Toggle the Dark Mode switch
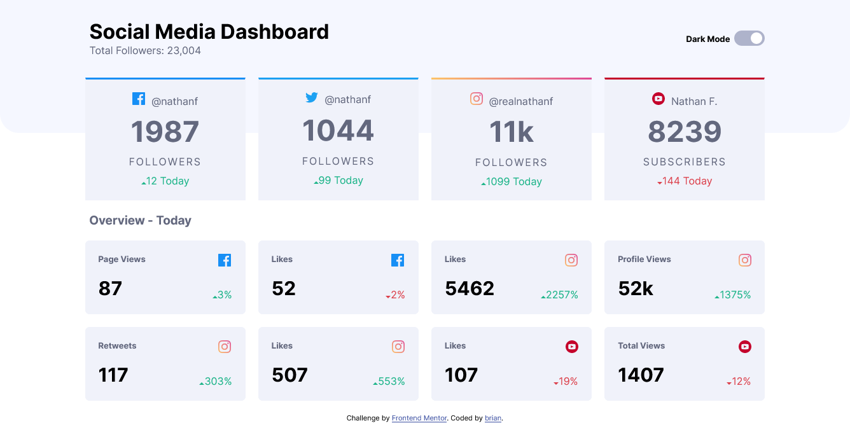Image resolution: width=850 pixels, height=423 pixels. click(749, 39)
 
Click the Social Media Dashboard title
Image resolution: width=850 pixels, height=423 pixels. click(209, 31)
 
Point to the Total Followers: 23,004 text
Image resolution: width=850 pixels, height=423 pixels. click(145, 51)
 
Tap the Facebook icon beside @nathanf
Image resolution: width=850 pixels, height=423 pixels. click(139, 99)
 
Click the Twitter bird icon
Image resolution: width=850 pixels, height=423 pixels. click(312, 98)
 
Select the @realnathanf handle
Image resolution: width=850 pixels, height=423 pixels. click(520, 101)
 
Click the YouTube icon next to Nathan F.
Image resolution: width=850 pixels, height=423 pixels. click(658, 99)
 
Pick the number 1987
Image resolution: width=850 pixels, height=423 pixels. click(165, 132)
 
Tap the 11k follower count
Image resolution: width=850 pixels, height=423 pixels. click(511, 132)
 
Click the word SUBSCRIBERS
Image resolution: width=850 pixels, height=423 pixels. click(684, 162)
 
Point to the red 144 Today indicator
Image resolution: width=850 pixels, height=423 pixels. click(684, 181)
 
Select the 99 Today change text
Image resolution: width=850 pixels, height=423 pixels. click(338, 181)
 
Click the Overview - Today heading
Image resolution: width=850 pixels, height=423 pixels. click(140, 221)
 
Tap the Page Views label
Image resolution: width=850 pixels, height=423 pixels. click(122, 260)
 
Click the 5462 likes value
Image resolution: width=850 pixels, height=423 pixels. click(470, 289)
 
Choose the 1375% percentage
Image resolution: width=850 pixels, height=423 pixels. click(732, 295)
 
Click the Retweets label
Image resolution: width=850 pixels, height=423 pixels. click(117, 346)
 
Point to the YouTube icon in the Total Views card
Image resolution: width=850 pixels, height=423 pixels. click(744, 347)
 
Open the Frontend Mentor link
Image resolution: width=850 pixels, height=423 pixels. click(419, 419)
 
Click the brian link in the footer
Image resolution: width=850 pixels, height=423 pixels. click(492, 419)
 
